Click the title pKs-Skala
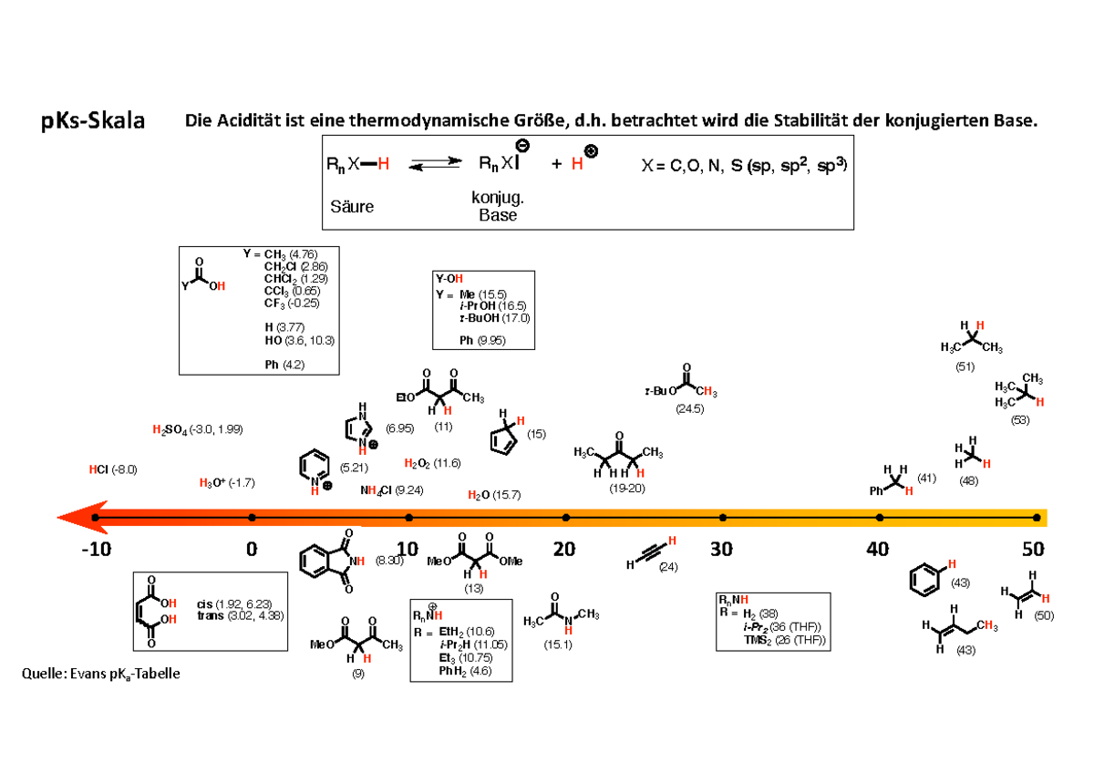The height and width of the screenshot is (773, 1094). tap(92, 121)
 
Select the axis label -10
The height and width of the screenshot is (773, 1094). tap(95, 550)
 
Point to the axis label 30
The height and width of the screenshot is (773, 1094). tap(722, 550)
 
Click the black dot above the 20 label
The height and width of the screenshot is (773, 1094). tap(566, 517)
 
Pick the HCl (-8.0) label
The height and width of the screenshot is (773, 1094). tap(112, 469)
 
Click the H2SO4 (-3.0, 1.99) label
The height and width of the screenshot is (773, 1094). tap(197, 428)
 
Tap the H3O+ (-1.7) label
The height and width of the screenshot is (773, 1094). tap(226, 482)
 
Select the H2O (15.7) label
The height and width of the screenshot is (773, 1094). tap(493, 495)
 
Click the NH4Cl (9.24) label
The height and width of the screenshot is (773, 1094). tap(391, 490)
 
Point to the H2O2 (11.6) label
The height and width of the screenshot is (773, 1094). tap(432, 463)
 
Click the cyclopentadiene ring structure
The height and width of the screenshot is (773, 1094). tap(503, 438)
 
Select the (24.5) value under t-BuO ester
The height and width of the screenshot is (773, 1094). tap(689, 410)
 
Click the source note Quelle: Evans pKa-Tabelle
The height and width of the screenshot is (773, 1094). tap(100, 674)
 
